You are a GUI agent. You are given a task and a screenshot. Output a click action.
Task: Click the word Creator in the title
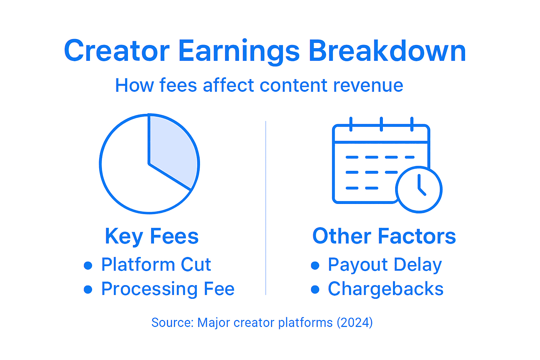pos(117,51)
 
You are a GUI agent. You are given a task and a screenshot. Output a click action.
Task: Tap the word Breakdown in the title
pos(387,51)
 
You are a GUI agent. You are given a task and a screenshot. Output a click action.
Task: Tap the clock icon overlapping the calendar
pos(419,189)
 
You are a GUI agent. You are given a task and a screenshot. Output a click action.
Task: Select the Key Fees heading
pos(152,236)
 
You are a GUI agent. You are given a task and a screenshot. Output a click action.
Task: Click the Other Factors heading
pos(384,236)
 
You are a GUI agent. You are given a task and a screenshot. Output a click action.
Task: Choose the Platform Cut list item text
pos(156,265)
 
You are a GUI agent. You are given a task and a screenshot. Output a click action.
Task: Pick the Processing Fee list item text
pos(168,289)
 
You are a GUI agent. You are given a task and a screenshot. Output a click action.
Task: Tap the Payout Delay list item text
pos(385,265)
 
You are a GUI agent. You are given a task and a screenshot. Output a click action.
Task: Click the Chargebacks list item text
pos(386,289)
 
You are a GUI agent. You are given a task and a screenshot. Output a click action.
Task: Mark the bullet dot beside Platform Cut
pos(88,265)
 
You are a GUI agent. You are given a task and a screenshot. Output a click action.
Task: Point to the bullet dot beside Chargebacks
pos(315,290)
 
